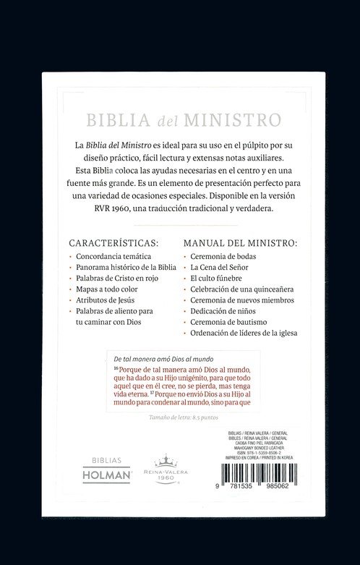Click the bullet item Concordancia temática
pyautogui.click(x=113, y=257)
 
